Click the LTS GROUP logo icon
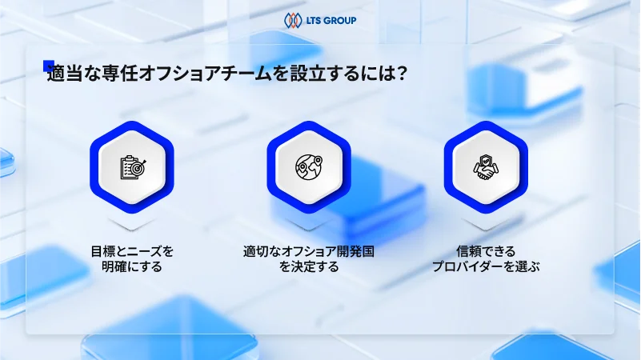[x=293, y=19]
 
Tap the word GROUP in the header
[x=340, y=20]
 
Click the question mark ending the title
[x=404, y=74]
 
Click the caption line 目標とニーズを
[x=132, y=251]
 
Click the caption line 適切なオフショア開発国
[x=309, y=251]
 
